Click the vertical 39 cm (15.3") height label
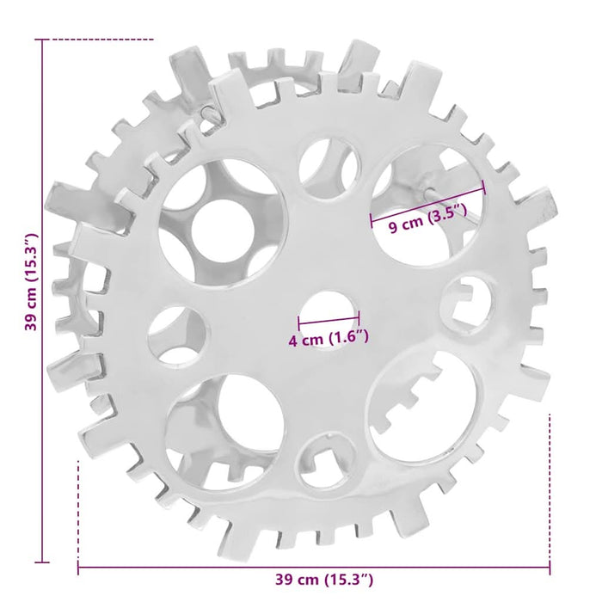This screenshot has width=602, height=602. tap(31, 281)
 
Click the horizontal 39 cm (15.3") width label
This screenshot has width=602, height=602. tap(323, 580)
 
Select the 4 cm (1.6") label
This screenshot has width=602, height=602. tap(329, 338)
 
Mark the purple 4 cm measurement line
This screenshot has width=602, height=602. tap(329, 319)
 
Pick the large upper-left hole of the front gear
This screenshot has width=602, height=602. tap(223, 224)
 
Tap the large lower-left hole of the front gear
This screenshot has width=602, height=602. tap(225, 432)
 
